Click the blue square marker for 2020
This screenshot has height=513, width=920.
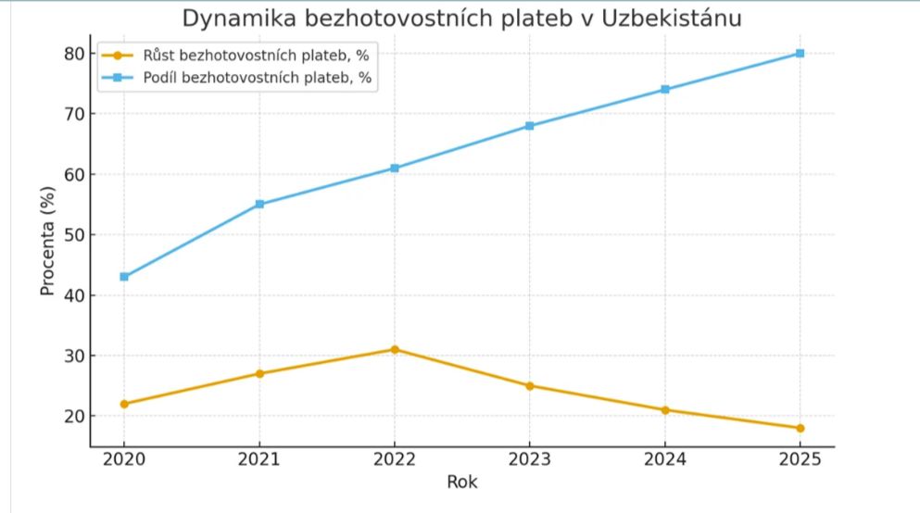pos(124,276)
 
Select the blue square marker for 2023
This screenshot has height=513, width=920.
pos(529,126)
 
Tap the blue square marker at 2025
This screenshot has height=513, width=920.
pos(800,54)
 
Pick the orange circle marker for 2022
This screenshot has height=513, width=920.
pos(395,349)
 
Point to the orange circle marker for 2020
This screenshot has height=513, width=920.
pos(124,404)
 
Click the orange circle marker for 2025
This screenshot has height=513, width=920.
pos(800,428)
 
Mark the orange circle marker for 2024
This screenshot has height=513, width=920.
pos(664,409)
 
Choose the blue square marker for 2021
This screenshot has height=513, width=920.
pos(259,204)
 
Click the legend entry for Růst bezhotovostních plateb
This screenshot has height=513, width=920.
pos(245,55)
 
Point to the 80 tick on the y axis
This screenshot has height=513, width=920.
pos(73,54)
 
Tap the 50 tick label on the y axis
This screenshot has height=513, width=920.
pos(73,235)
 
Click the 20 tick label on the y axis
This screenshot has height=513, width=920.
pos(73,416)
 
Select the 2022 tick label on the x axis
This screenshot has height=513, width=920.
pos(395,460)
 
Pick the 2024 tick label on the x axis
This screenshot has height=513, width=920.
pos(664,460)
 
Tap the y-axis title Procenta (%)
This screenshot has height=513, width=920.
pos(48,241)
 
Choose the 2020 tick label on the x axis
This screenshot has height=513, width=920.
pos(124,460)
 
